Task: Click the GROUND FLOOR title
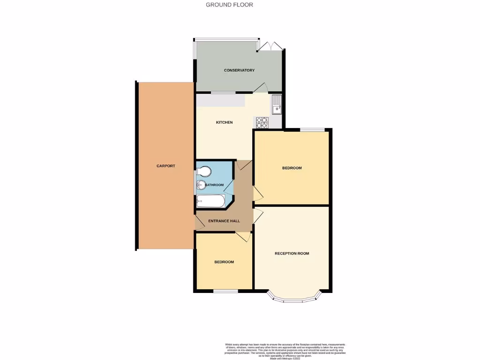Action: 230,5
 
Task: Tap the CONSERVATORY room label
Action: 239,70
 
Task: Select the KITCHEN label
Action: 224,122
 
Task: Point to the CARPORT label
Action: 166,166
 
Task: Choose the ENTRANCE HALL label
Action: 225,221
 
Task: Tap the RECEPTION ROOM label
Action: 292,254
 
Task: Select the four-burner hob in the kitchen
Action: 262,122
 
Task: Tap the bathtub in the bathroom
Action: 210,202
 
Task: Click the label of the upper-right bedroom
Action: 292,168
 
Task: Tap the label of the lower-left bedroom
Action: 224,262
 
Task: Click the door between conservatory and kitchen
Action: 261,88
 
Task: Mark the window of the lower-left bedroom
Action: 225,292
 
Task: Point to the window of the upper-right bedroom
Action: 312,129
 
